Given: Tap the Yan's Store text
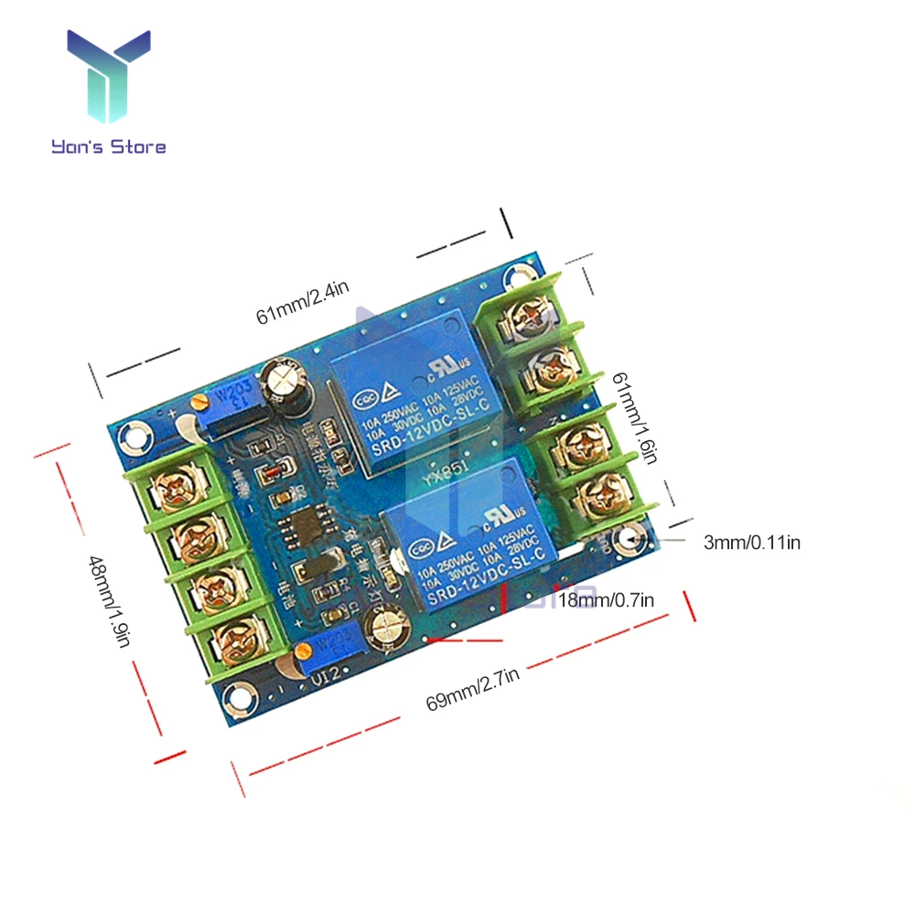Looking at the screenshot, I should tap(109, 145).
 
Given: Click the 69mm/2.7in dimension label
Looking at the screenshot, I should tap(472, 688).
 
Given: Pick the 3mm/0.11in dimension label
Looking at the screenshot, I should tap(751, 543).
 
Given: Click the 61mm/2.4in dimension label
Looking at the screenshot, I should tap(302, 303).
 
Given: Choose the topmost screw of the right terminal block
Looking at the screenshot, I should tap(529, 318).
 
